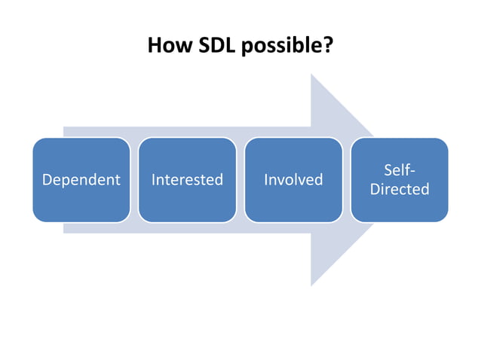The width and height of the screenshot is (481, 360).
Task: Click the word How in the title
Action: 170,46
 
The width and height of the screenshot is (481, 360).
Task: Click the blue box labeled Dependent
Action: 81,180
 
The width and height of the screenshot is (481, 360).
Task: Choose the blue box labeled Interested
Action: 187,180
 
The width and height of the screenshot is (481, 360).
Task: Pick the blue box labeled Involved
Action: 293,180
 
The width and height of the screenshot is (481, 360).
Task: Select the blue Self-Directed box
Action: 400,180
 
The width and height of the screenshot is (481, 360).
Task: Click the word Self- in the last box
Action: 399,170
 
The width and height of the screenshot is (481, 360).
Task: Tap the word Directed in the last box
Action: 400,189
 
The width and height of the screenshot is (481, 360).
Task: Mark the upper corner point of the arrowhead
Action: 311,74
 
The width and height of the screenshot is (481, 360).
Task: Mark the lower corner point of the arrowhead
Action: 311,286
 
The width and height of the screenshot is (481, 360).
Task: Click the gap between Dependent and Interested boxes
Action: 134,180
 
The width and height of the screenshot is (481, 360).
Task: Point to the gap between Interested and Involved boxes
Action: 240,180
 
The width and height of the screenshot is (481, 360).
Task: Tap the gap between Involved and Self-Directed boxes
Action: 346,180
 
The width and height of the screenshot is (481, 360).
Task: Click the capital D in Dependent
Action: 47,180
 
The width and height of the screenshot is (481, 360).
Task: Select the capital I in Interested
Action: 153,180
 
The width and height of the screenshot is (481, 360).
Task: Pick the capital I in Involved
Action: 266,180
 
